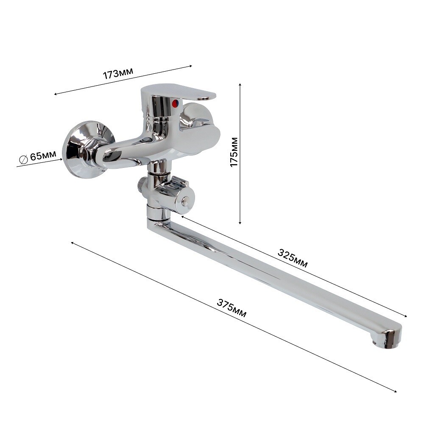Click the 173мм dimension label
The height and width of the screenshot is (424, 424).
pyautogui.click(x=118, y=73)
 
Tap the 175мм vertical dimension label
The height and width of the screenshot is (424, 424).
pyautogui.click(x=234, y=152)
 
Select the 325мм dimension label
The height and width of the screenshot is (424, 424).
pyautogui.click(x=293, y=258)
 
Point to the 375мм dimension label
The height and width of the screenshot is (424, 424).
pyautogui.click(x=232, y=308)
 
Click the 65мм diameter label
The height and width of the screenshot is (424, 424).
pyautogui.click(x=43, y=156)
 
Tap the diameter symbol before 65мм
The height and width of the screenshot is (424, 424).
pyautogui.click(x=23, y=159)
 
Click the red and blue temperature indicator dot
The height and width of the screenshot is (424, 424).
pyautogui.click(x=175, y=103)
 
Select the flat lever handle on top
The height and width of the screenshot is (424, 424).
pyautogui.click(x=179, y=92)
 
